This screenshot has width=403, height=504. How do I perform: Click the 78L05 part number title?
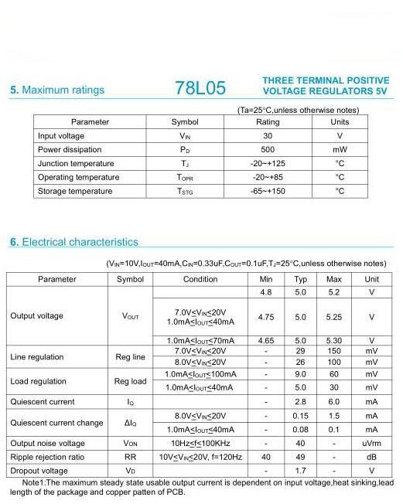pyautogui.click(x=200, y=88)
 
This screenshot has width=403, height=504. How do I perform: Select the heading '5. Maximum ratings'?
pyautogui.click(x=56, y=90)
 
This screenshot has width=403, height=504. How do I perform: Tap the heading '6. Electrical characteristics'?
pyautogui.click(x=74, y=242)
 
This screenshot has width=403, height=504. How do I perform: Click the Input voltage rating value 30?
pyautogui.click(x=268, y=136)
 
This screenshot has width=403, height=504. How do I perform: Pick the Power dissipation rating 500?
pyautogui.click(x=268, y=150)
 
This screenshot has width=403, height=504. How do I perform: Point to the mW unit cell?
pyautogui.click(x=340, y=150)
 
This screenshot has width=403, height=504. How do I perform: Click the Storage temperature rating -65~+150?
pyautogui.click(x=268, y=192)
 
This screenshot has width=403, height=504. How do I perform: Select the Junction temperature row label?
pyautogui.click(x=76, y=164)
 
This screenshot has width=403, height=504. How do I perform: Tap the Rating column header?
pyautogui.click(x=268, y=122)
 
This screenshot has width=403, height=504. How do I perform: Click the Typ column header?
pyautogui.click(x=301, y=279)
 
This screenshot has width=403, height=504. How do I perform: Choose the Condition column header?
pyautogui.click(x=200, y=279)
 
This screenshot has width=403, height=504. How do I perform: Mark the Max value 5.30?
pyautogui.click(x=334, y=340)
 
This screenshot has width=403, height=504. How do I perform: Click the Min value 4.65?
pyautogui.click(x=266, y=340)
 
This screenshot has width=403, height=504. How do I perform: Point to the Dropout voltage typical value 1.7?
pyautogui.click(x=301, y=471)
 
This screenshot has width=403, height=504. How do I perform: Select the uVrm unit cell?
pyautogui.click(x=372, y=444)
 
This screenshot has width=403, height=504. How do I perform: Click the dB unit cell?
pyautogui.click(x=372, y=457)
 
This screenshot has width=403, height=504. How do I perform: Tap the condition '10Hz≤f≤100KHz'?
pyautogui.click(x=200, y=444)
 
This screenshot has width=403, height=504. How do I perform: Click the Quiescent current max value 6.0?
pyautogui.click(x=334, y=402)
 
